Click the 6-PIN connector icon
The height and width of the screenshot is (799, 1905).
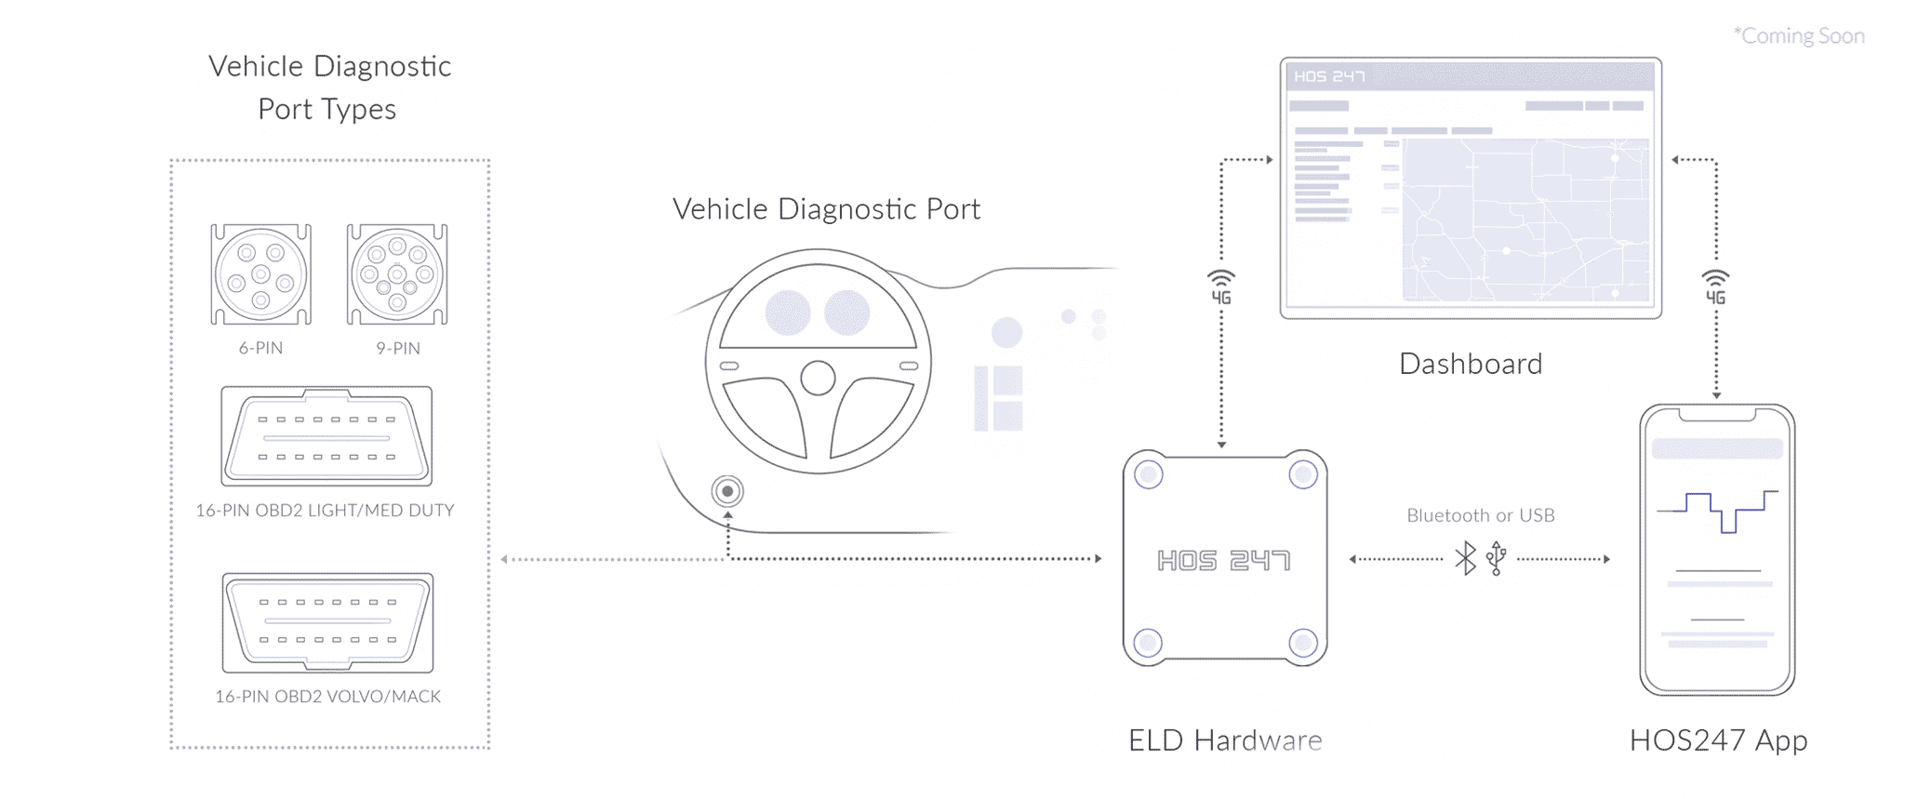(x=260, y=274)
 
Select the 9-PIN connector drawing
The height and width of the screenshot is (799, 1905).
(x=397, y=274)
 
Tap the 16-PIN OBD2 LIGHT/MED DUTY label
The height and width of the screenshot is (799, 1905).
(x=325, y=511)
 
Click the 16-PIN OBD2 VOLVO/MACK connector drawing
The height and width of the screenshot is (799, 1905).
(x=327, y=622)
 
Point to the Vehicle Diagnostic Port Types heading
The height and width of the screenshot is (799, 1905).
(x=329, y=87)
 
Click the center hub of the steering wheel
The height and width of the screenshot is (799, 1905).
(x=818, y=378)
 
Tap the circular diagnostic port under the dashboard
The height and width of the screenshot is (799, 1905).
(x=727, y=490)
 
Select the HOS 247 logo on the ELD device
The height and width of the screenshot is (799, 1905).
(x=1223, y=560)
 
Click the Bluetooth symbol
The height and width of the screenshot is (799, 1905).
(x=1466, y=558)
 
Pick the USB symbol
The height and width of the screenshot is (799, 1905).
(x=1496, y=558)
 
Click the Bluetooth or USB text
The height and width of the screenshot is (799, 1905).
(x=1480, y=515)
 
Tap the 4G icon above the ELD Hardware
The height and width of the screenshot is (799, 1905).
(x=1221, y=287)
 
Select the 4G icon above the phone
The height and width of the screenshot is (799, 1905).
(x=1715, y=287)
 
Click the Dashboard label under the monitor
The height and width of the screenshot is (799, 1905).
(x=1470, y=364)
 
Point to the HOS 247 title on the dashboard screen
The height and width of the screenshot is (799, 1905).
(x=1329, y=76)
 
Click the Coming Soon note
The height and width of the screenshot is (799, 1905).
(x=1799, y=36)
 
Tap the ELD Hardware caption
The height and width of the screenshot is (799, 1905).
(x=1224, y=740)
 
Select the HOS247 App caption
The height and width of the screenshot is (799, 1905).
(x=1718, y=740)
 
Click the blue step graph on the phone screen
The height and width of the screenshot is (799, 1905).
(x=1717, y=510)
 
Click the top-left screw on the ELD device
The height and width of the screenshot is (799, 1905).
(x=1149, y=475)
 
